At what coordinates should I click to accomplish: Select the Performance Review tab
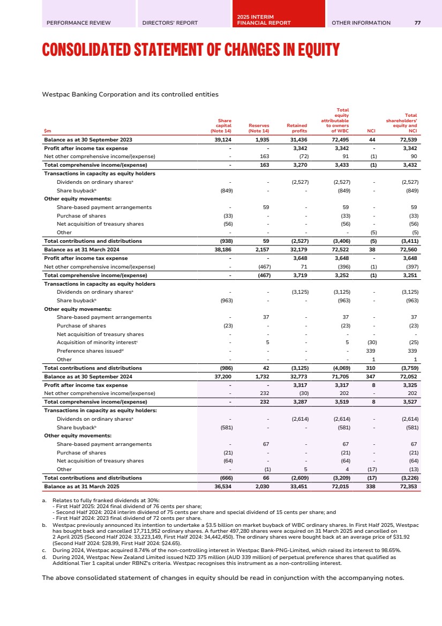(x=79, y=23)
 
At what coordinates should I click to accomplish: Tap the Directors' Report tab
(x=170, y=23)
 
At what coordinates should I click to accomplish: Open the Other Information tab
(x=361, y=23)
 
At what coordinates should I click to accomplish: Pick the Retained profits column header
(x=297, y=127)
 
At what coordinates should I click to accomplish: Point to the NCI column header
(x=367, y=130)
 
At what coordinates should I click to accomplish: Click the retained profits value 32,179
(x=298, y=249)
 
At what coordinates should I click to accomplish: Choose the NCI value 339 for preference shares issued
(x=369, y=351)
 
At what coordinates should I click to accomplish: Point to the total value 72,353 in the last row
(x=408, y=486)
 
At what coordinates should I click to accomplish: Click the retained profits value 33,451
(x=298, y=486)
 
